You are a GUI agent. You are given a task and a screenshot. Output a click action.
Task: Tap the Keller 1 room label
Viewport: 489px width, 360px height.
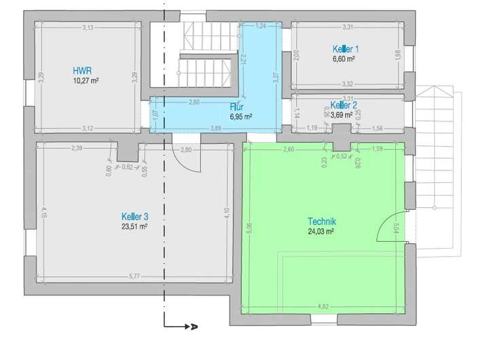[345, 49]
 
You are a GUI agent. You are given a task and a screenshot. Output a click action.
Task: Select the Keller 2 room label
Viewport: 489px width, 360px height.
[343, 105]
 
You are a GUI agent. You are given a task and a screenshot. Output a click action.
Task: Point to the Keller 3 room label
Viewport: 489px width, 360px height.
[134, 217]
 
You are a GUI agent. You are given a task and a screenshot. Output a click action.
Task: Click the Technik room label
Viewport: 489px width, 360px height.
[322, 221]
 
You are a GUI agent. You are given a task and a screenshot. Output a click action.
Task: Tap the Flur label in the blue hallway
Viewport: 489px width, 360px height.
[236, 107]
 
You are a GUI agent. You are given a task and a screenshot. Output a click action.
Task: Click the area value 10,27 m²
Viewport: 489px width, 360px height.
[86, 81]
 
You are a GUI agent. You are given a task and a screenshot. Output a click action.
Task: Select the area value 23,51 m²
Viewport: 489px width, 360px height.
[134, 228]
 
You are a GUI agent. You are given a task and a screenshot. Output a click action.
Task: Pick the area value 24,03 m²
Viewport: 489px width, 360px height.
[321, 232]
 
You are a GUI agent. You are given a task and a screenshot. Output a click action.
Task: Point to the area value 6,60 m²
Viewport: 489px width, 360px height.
[345, 59]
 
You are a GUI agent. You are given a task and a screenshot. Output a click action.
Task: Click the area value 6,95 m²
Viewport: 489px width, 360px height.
[241, 117]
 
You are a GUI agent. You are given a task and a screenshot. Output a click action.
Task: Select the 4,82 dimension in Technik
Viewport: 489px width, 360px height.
[323, 306]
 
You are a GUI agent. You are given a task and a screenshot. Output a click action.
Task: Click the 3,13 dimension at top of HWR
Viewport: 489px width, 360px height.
[88, 28]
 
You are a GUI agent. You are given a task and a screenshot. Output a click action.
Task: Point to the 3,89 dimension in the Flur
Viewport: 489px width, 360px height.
[215, 128]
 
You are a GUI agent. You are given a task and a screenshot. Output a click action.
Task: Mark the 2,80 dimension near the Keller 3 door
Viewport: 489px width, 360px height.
[185, 149]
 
